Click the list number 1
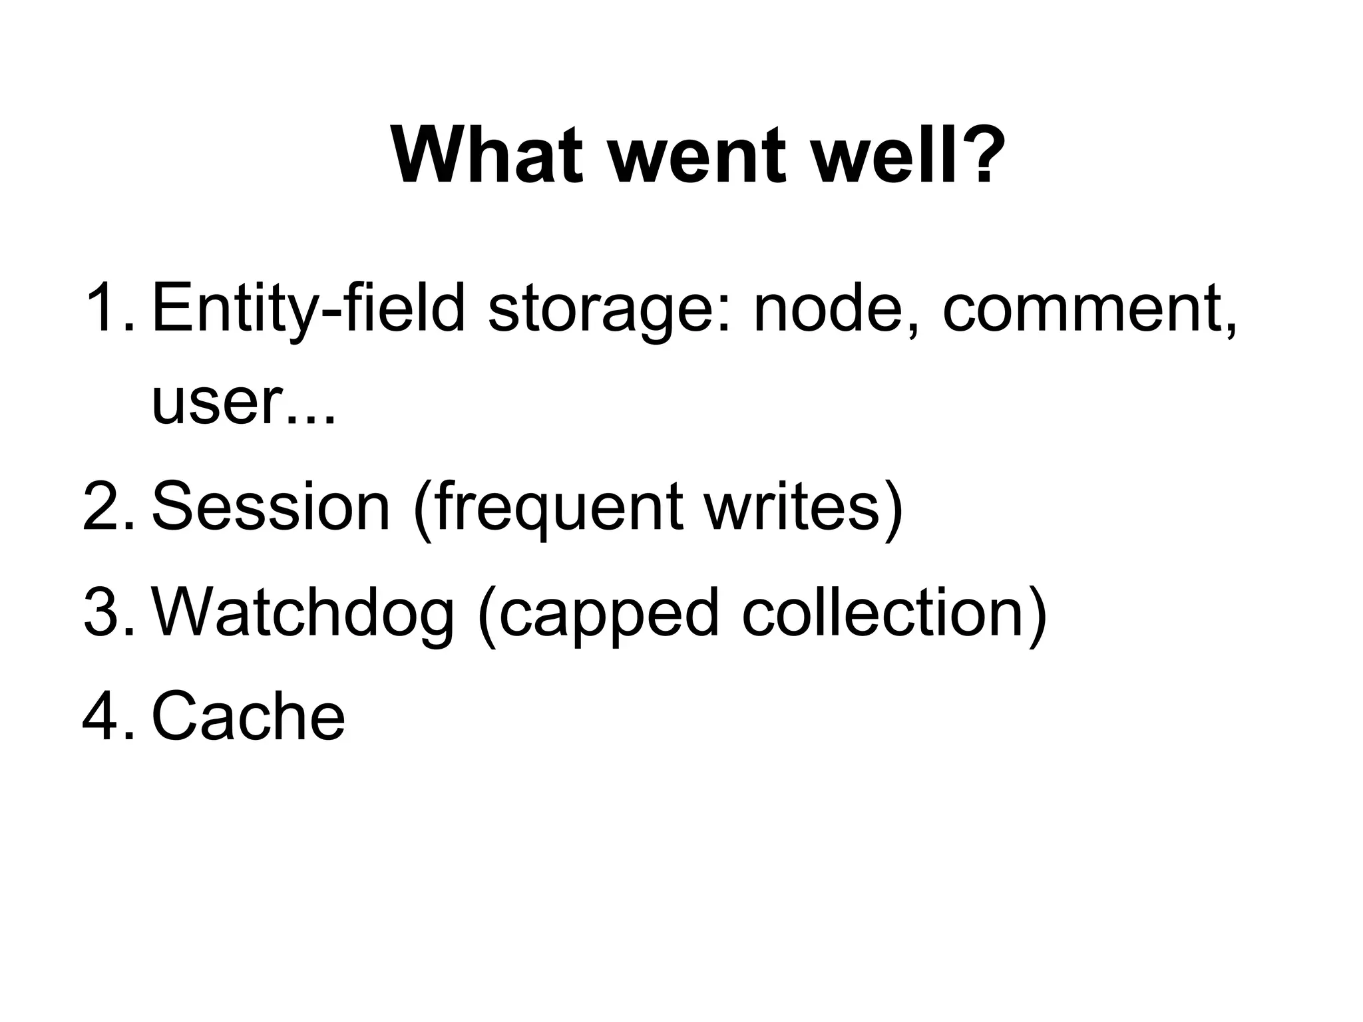(x=106, y=307)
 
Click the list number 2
(x=106, y=506)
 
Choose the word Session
(x=270, y=506)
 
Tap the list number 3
(x=106, y=611)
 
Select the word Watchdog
(x=303, y=611)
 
